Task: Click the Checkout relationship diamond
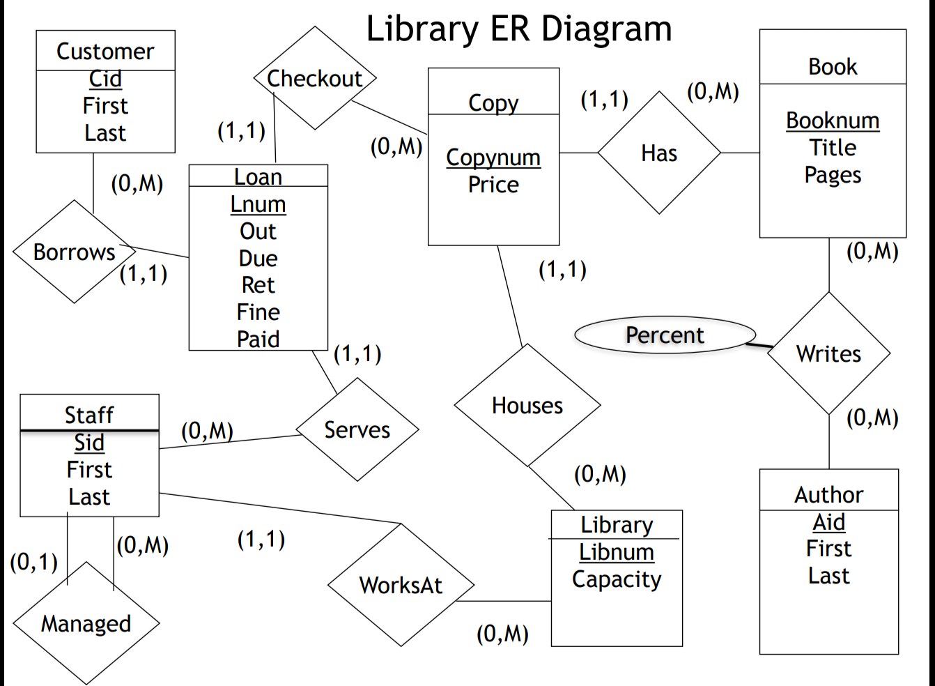(x=315, y=78)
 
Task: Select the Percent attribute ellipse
(x=665, y=335)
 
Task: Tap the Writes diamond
(x=828, y=353)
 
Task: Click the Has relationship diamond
(x=659, y=153)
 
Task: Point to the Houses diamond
(x=527, y=405)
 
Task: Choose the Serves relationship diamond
(x=357, y=429)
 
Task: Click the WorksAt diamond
(x=401, y=585)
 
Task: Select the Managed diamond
(x=86, y=623)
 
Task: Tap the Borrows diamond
(x=75, y=252)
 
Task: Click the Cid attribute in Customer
(x=105, y=79)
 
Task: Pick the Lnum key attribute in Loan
(x=258, y=204)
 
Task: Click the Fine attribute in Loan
(x=258, y=312)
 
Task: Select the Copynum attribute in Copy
(x=493, y=158)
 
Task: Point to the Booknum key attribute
(x=833, y=121)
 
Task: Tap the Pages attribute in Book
(x=833, y=175)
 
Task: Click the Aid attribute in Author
(x=828, y=522)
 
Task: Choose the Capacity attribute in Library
(x=617, y=579)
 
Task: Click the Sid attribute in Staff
(x=89, y=443)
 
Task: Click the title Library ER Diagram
(x=519, y=29)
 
